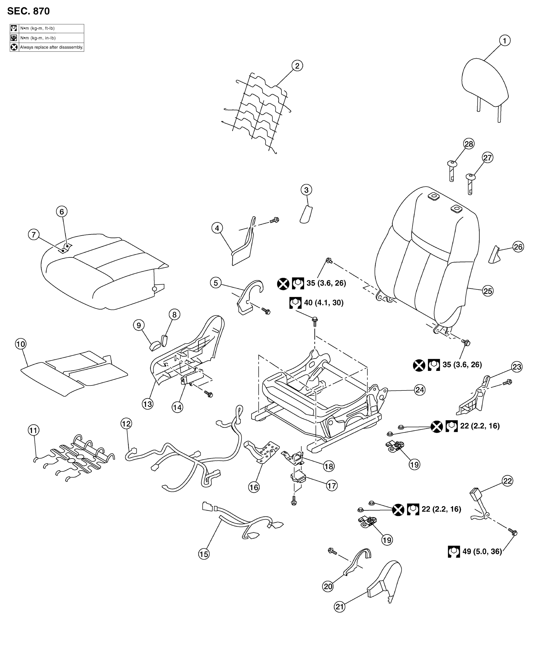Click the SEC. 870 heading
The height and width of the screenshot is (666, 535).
pyautogui.click(x=28, y=11)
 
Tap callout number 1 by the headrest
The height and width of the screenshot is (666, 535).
pyautogui.click(x=505, y=40)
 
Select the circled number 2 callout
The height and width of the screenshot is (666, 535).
pyautogui.click(x=297, y=65)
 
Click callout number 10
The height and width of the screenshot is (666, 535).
pyautogui.click(x=21, y=344)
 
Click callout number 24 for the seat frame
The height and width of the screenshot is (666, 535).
pyautogui.click(x=420, y=390)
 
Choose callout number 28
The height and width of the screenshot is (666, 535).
pyautogui.click(x=469, y=144)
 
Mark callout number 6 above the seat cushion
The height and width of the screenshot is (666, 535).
pyautogui.click(x=62, y=212)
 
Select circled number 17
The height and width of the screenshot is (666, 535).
pyautogui.click(x=332, y=486)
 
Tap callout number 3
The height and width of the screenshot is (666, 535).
pyautogui.click(x=306, y=190)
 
